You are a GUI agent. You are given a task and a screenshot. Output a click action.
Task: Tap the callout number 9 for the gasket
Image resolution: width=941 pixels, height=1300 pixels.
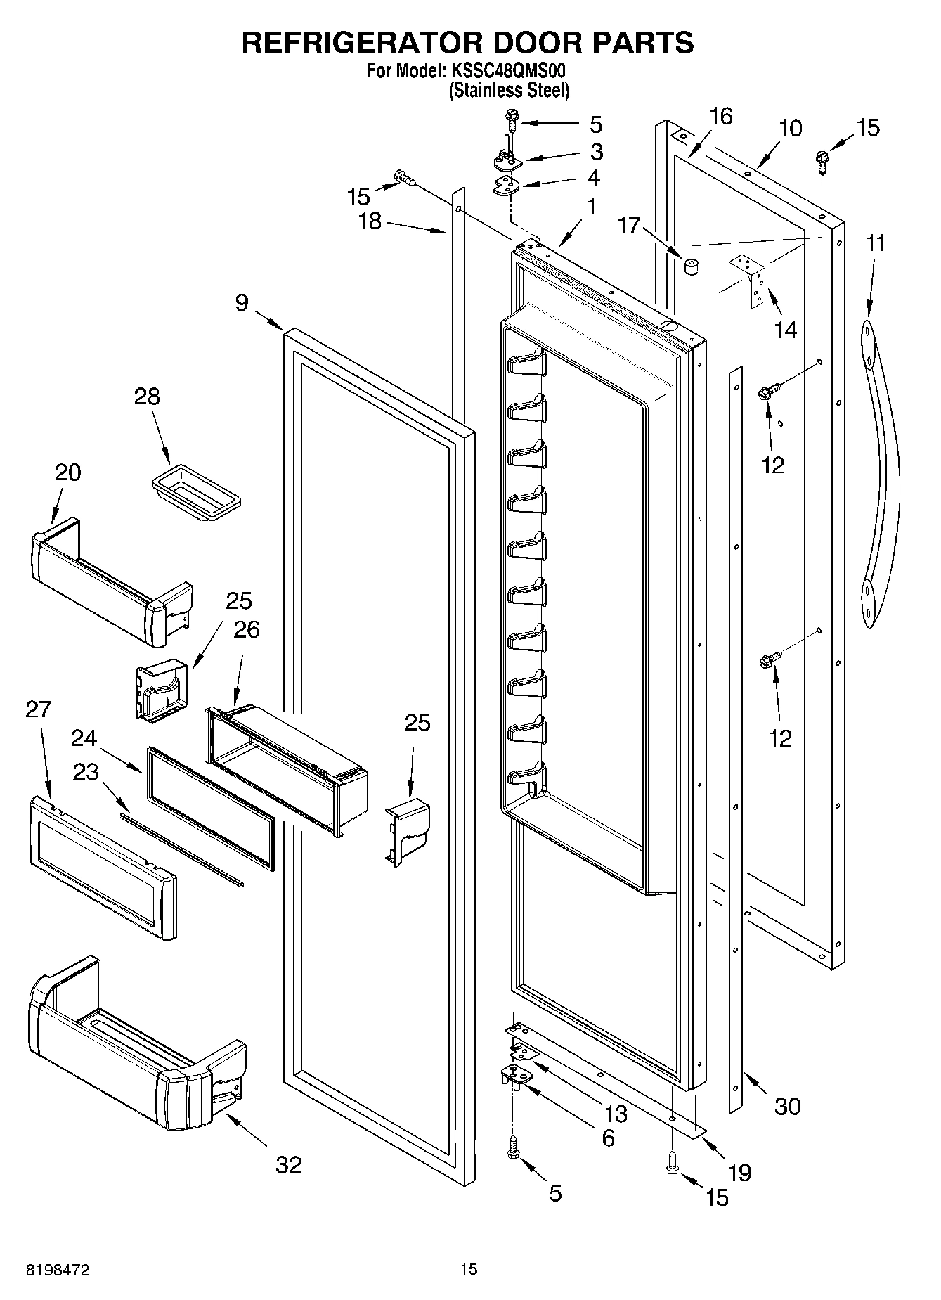click(242, 303)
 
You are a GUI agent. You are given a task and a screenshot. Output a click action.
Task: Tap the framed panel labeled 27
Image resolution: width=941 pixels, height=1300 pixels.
click(102, 868)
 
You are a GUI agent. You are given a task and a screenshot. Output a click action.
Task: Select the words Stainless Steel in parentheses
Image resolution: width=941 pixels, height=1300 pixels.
click(510, 90)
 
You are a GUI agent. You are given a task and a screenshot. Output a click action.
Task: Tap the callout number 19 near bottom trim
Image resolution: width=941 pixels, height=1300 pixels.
click(740, 1171)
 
